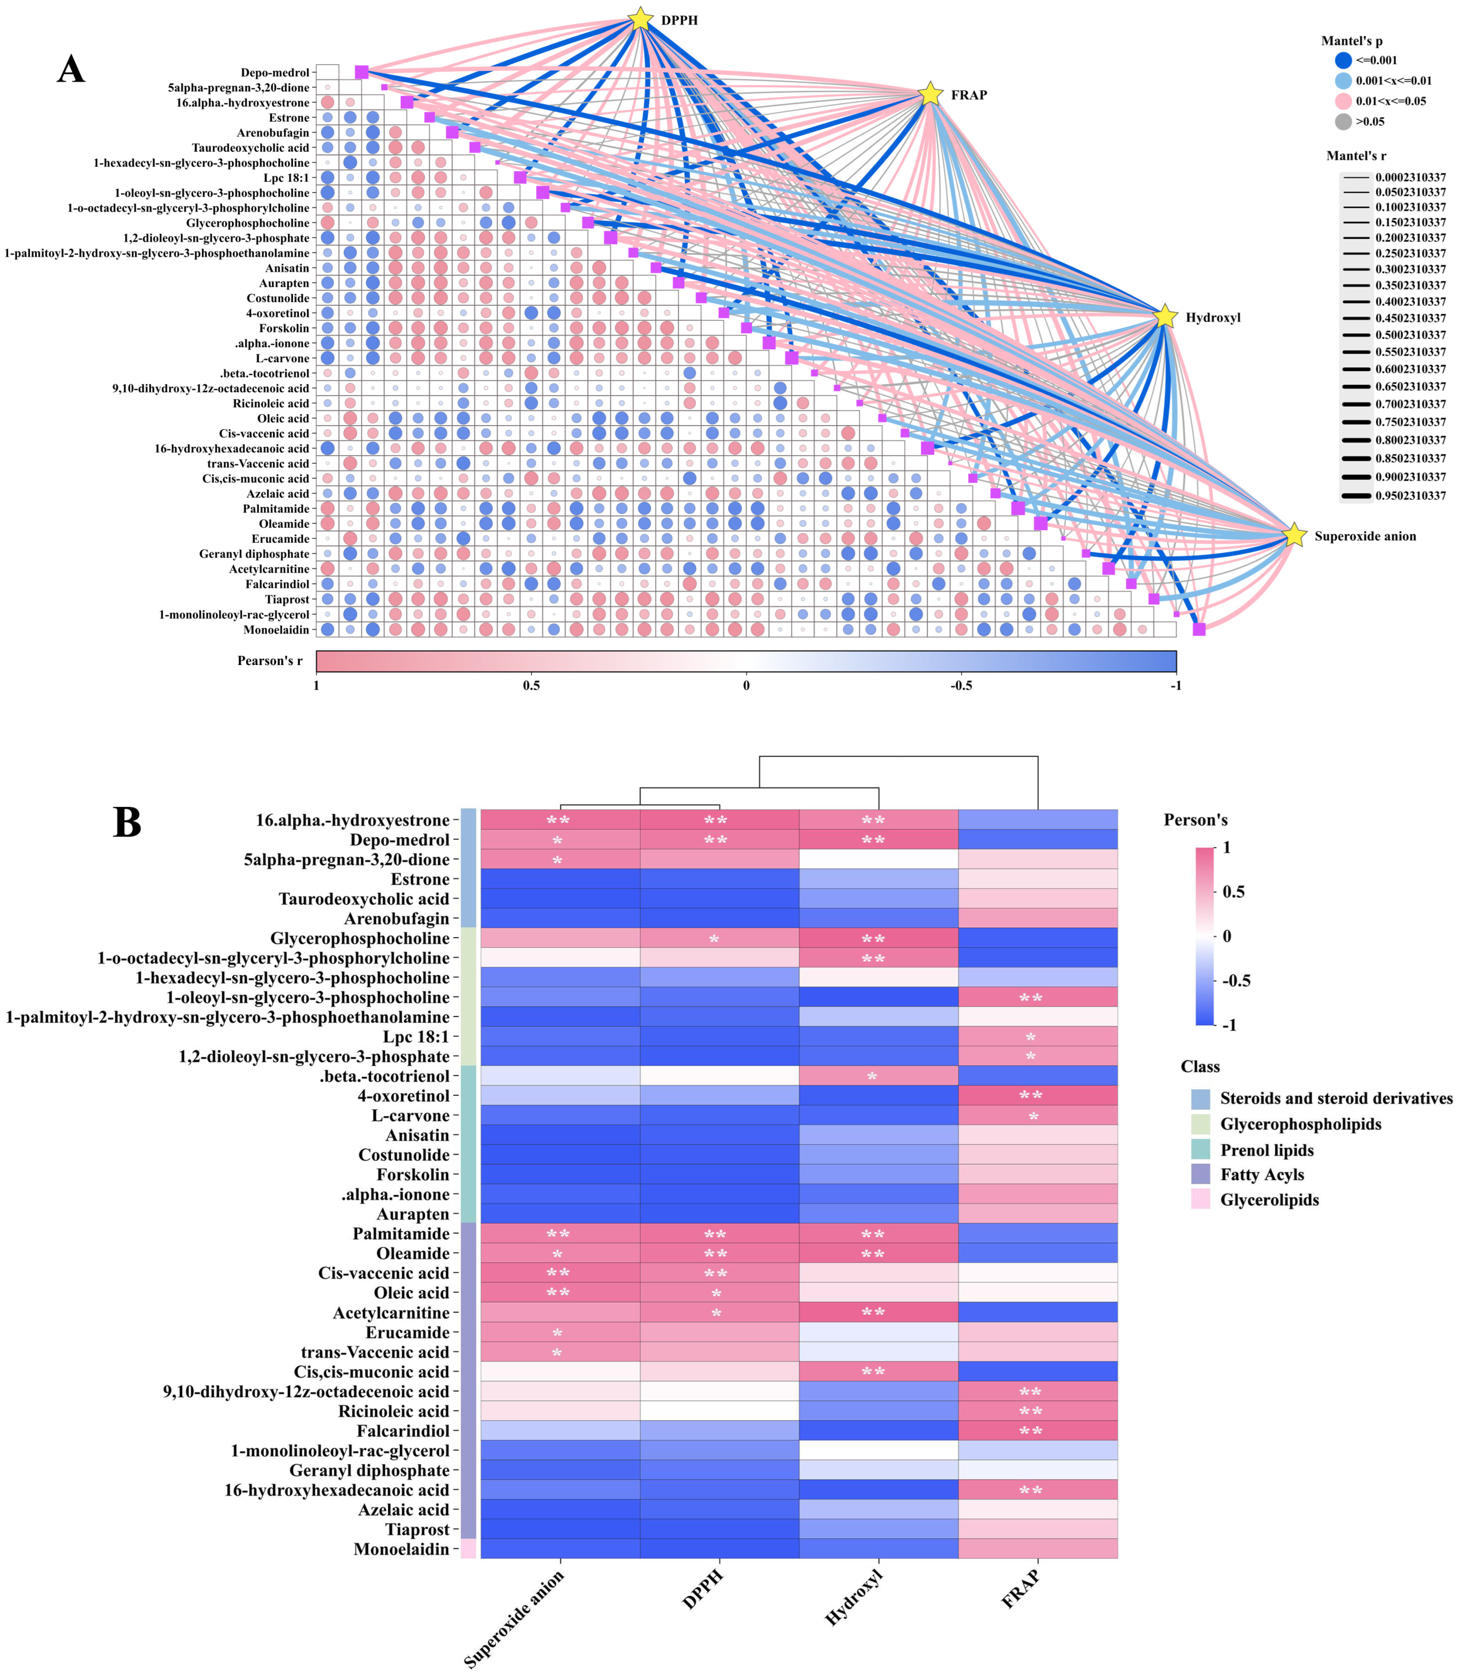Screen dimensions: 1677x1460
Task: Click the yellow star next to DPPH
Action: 641,19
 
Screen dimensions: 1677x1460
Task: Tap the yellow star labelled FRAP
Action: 930,94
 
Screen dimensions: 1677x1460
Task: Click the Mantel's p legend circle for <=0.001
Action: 1344,60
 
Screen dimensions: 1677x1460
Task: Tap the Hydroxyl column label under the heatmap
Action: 854,1598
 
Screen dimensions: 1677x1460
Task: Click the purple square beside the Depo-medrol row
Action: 362,73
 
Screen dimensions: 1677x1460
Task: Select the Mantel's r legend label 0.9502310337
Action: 1410,495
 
